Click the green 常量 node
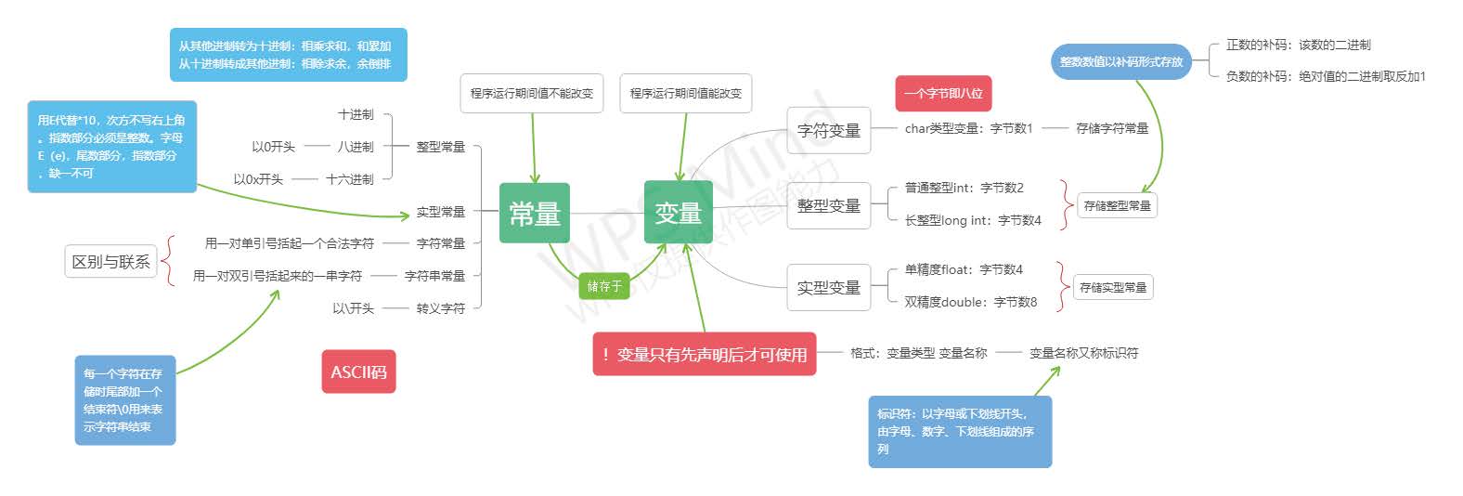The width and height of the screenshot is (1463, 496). click(x=535, y=213)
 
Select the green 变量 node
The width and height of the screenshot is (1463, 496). click(x=678, y=213)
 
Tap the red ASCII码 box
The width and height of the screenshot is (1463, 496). click(x=358, y=372)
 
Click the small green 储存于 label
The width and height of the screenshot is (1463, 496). click(x=604, y=286)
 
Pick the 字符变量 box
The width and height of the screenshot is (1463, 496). click(x=828, y=131)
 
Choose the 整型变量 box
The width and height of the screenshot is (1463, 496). click(x=828, y=205)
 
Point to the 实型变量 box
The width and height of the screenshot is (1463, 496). click(x=828, y=287)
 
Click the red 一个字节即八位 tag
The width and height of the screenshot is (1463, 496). click(x=943, y=93)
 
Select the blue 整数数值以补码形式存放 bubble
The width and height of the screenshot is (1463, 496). click(x=1121, y=61)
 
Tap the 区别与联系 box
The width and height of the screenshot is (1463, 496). click(x=110, y=261)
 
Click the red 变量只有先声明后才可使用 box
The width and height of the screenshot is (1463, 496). click(x=705, y=354)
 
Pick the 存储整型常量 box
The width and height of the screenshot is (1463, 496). click(x=1117, y=205)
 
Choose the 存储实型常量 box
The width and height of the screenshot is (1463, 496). click(x=1113, y=287)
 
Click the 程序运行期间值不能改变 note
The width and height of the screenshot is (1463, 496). click(x=532, y=93)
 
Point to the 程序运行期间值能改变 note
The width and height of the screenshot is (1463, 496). click(x=686, y=93)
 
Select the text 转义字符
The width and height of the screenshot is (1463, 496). click(x=440, y=308)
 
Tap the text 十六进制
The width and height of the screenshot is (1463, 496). click(x=349, y=179)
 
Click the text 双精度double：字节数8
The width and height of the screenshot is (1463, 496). click(x=970, y=302)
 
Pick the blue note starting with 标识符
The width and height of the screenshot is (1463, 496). click(x=960, y=431)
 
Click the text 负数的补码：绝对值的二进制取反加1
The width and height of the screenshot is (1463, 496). click(x=1325, y=76)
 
